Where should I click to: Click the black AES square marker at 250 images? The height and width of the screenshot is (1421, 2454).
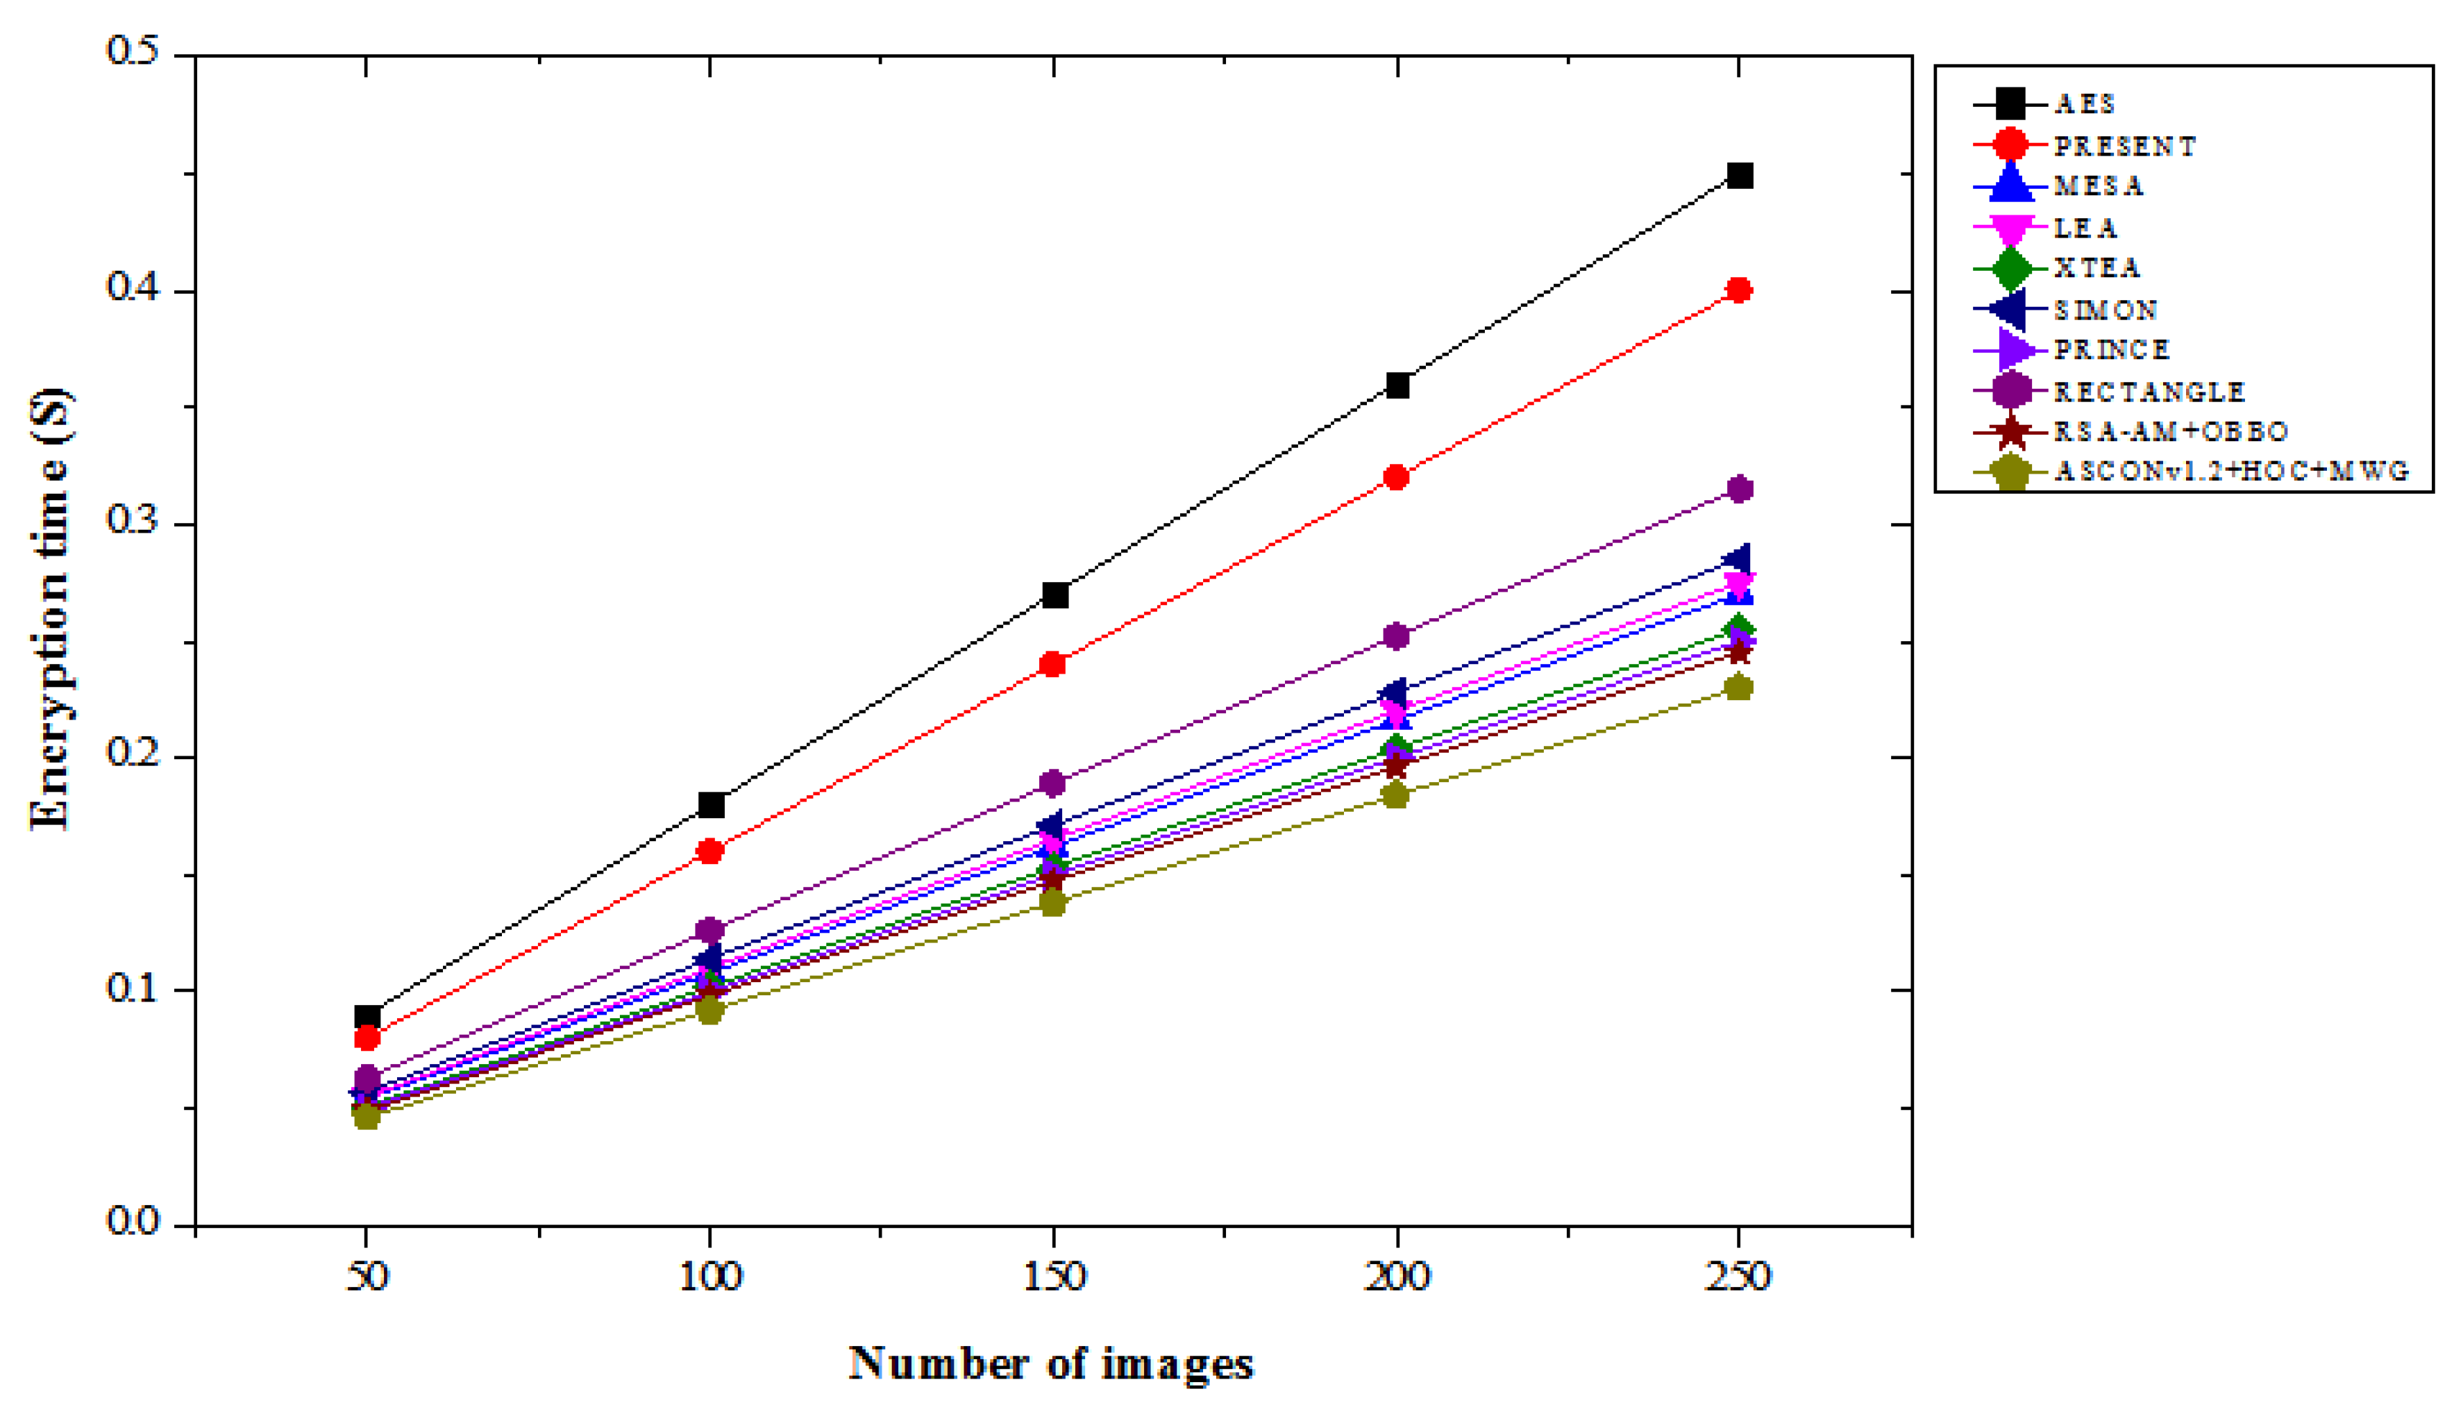pyautogui.click(x=1739, y=176)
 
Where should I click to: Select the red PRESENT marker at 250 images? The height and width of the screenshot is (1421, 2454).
pyautogui.click(x=1738, y=290)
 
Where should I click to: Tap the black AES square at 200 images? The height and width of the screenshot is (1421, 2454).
pyautogui.click(x=1397, y=385)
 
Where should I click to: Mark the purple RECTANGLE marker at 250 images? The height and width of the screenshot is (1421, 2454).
pyautogui.click(x=1739, y=489)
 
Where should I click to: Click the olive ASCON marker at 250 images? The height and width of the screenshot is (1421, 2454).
pyautogui.click(x=1738, y=688)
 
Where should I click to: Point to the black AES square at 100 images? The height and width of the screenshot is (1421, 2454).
pyautogui.click(x=711, y=806)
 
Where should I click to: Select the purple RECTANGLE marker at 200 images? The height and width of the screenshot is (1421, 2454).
pyautogui.click(x=1397, y=637)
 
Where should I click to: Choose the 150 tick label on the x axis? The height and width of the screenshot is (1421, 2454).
pyautogui.click(x=1052, y=1276)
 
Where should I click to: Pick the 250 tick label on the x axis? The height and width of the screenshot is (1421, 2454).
pyautogui.click(x=1738, y=1276)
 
